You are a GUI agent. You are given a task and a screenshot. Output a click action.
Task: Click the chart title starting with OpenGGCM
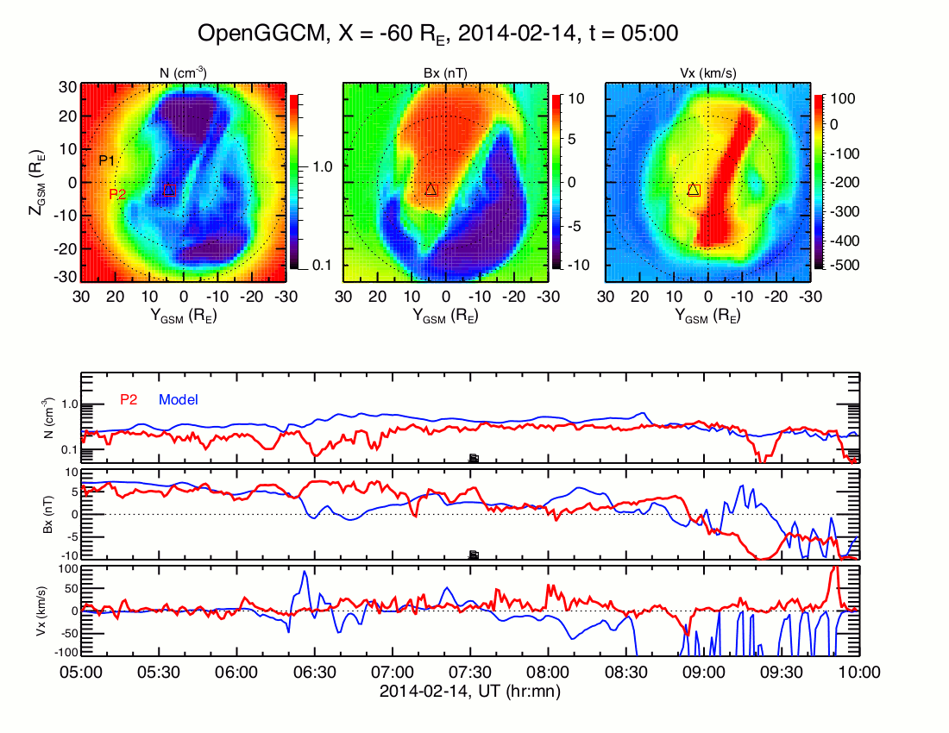[x=438, y=34]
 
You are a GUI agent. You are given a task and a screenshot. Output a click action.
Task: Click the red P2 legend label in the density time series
[x=129, y=399]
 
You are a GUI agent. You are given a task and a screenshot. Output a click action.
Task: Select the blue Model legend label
[x=179, y=399]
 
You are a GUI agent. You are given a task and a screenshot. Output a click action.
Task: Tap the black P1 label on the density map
[x=107, y=160]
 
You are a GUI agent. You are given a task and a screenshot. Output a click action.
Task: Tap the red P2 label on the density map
[x=117, y=195]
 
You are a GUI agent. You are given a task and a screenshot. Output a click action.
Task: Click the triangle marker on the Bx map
[x=432, y=189]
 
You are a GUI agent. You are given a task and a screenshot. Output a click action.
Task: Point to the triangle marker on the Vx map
[x=694, y=189]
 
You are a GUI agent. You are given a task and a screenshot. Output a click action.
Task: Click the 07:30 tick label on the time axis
[x=470, y=672]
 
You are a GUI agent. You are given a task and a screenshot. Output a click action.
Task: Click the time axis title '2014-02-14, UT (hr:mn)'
[x=470, y=691]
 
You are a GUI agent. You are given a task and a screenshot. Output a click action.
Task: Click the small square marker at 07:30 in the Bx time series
[x=473, y=554]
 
